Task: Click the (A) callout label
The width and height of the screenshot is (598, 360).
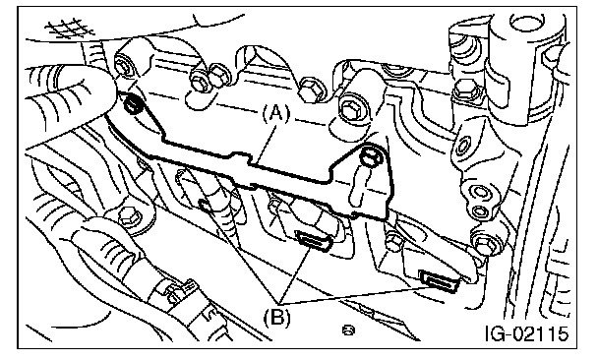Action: point(276,113)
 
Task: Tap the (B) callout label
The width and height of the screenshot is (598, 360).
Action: point(277,316)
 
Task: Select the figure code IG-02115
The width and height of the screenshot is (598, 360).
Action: point(527,333)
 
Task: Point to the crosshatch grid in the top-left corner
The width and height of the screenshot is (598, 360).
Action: point(69,29)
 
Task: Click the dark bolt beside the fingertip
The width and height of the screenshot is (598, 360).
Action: point(133,104)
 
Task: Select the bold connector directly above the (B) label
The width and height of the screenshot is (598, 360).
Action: point(315,241)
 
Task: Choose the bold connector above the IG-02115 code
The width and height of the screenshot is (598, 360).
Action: point(439,282)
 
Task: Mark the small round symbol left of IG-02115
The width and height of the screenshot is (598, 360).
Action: point(348,330)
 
